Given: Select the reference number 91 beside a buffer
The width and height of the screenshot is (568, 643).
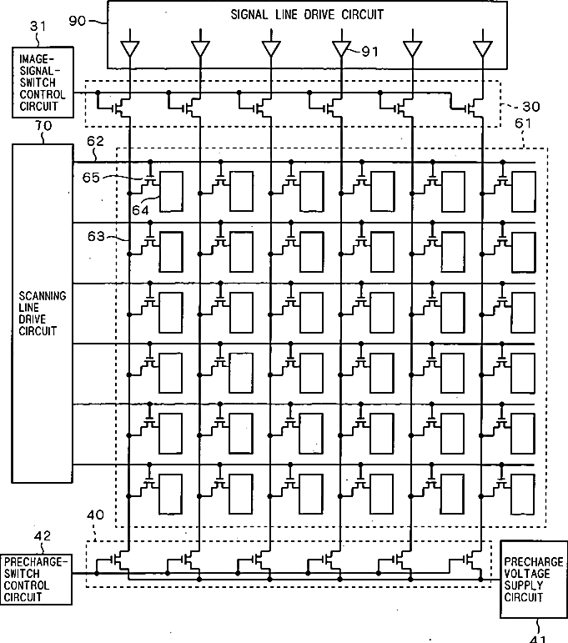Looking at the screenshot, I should tap(369, 52).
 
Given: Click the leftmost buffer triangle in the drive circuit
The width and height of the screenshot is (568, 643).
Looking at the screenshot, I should tap(129, 49).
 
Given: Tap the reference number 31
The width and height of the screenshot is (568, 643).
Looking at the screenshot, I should tap(39, 27).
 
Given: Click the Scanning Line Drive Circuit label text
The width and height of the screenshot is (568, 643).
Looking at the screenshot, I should tap(43, 314).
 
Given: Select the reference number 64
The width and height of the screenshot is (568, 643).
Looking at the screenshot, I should tap(139, 210).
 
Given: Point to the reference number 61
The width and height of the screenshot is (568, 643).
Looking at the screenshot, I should tap(524, 125).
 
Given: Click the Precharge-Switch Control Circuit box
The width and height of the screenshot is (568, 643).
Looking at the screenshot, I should tap(35, 580).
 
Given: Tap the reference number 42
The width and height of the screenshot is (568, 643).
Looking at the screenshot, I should tap(43, 535).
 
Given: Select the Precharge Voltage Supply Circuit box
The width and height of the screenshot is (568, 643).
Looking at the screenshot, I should tap(533, 579).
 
